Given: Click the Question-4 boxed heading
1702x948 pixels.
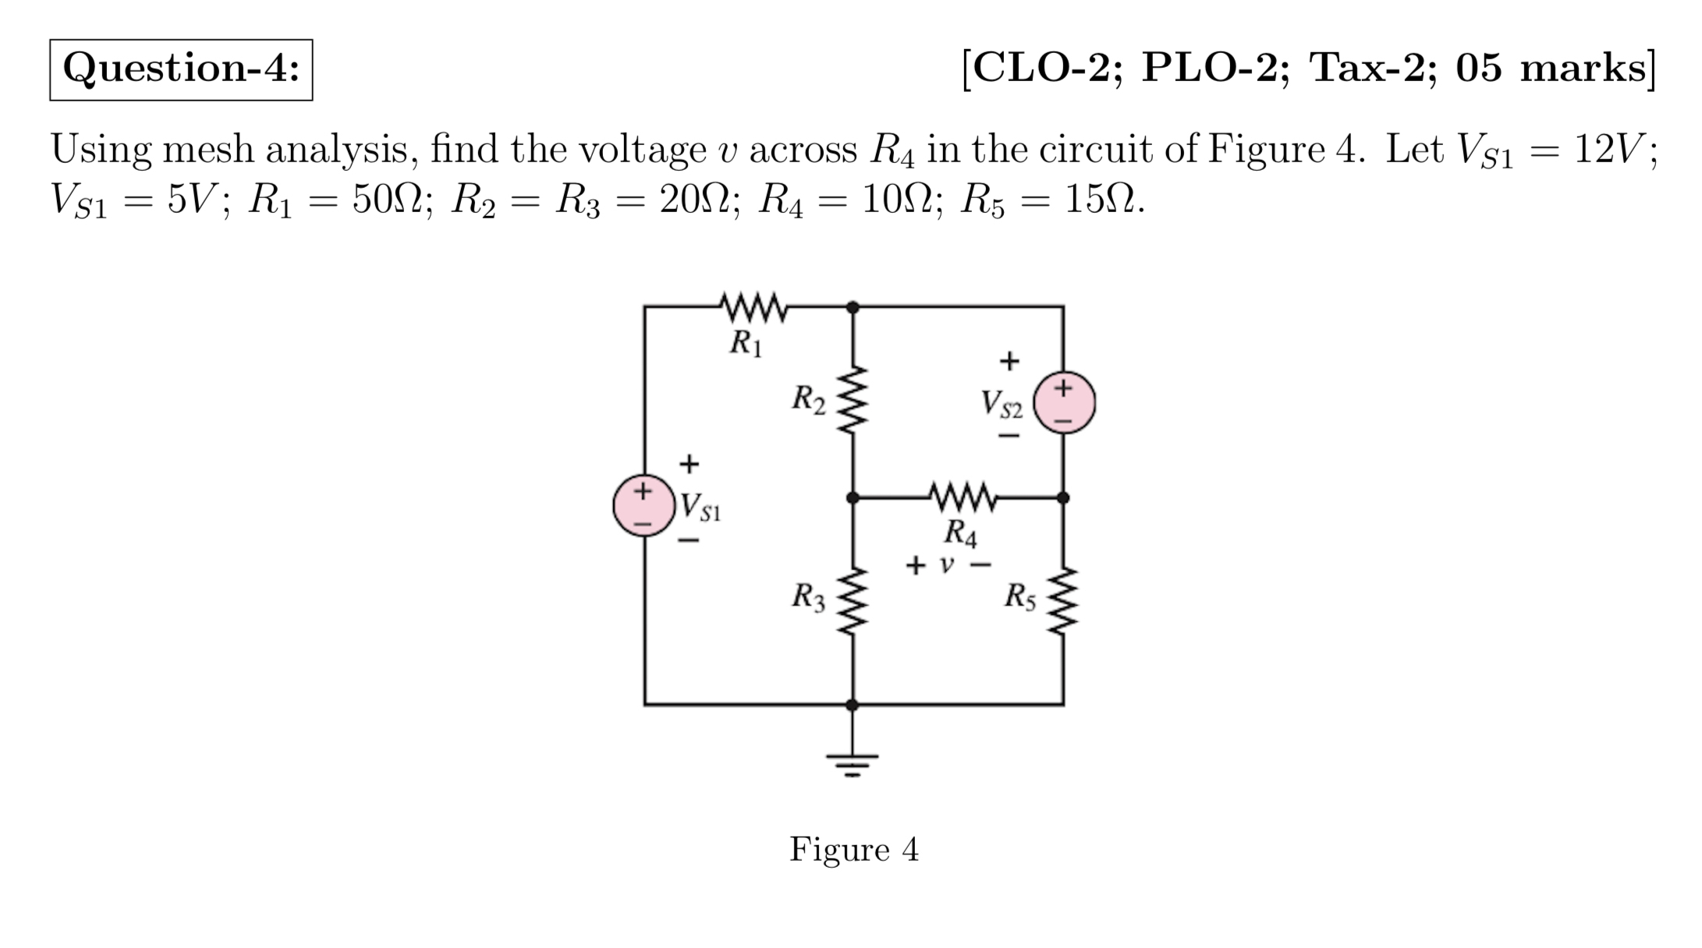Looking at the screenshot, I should pos(181,69).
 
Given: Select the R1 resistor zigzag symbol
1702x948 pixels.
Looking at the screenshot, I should pos(753,307).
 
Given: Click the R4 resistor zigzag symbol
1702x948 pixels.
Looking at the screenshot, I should pos(963,497).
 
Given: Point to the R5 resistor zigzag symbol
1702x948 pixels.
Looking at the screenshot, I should pos(1063,601).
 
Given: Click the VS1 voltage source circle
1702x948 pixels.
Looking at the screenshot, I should pos(644,505).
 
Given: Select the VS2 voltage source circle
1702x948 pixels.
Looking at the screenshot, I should pos(1064,402).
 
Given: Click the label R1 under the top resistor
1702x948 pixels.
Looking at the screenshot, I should pos(745,343).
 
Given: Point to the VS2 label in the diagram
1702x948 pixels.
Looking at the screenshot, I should pos(1002,404).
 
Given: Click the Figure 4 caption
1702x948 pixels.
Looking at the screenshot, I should pos(853,849).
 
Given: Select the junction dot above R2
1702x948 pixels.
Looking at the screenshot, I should pos(853,307).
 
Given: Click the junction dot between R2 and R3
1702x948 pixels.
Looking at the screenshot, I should pos(853,497).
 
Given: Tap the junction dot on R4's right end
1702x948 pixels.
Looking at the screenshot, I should pos(1062,497).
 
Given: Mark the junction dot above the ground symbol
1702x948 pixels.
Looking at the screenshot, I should pos(853,705).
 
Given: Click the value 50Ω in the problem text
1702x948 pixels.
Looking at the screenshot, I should pos(387,201).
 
